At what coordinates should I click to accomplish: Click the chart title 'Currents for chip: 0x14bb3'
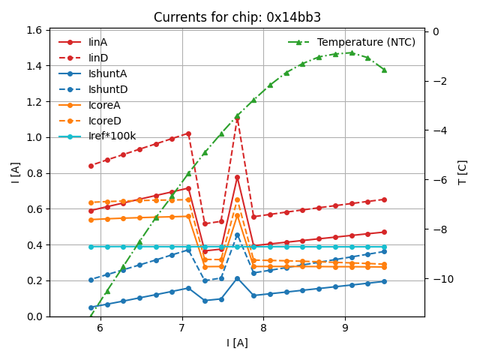pyautogui.click(x=237, y=17)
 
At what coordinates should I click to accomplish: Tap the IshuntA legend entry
pyautogui.click(x=107, y=73)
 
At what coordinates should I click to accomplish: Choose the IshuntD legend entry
pyautogui.click(x=107, y=89)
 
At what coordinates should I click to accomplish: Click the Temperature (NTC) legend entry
pyautogui.click(x=366, y=42)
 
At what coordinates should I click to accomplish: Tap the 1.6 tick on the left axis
pyautogui.click(x=35, y=30)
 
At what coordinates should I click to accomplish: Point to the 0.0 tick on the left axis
pyautogui.click(x=35, y=316)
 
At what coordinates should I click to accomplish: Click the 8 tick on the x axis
pyautogui.click(x=263, y=328)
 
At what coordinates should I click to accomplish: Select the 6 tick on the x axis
pyautogui.click(x=100, y=328)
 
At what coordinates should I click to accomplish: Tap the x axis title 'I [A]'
pyautogui.click(x=237, y=343)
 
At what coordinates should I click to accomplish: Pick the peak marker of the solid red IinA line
pyautogui.click(x=237, y=177)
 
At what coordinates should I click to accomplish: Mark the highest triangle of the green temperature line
pyautogui.click(x=351, y=52)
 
